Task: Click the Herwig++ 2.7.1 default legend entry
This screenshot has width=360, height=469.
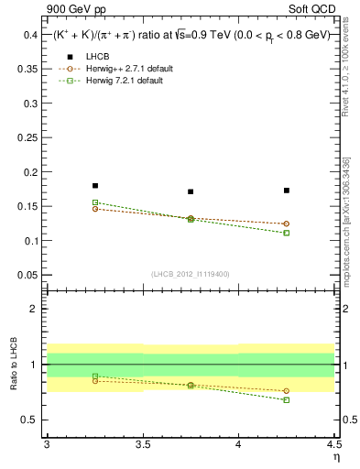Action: (x=121, y=69)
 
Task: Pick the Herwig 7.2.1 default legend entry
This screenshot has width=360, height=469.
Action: (x=119, y=81)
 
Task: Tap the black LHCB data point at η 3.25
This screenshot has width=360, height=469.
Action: (x=94, y=186)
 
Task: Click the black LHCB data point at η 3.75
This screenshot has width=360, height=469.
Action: (x=191, y=191)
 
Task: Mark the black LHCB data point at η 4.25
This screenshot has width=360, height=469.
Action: (x=287, y=191)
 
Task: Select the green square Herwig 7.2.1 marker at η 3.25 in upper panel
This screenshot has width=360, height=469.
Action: (x=94, y=202)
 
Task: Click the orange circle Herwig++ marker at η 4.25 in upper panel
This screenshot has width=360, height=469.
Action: (x=287, y=224)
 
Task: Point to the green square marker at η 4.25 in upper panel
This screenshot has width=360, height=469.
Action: (x=287, y=233)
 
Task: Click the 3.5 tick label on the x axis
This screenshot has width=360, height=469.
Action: (x=143, y=444)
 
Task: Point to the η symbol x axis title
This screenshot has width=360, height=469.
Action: (x=335, y=455)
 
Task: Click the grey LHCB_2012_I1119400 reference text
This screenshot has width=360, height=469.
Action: (x=190, y=274)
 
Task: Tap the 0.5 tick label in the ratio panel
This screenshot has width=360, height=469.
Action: (x=30, y=420)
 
